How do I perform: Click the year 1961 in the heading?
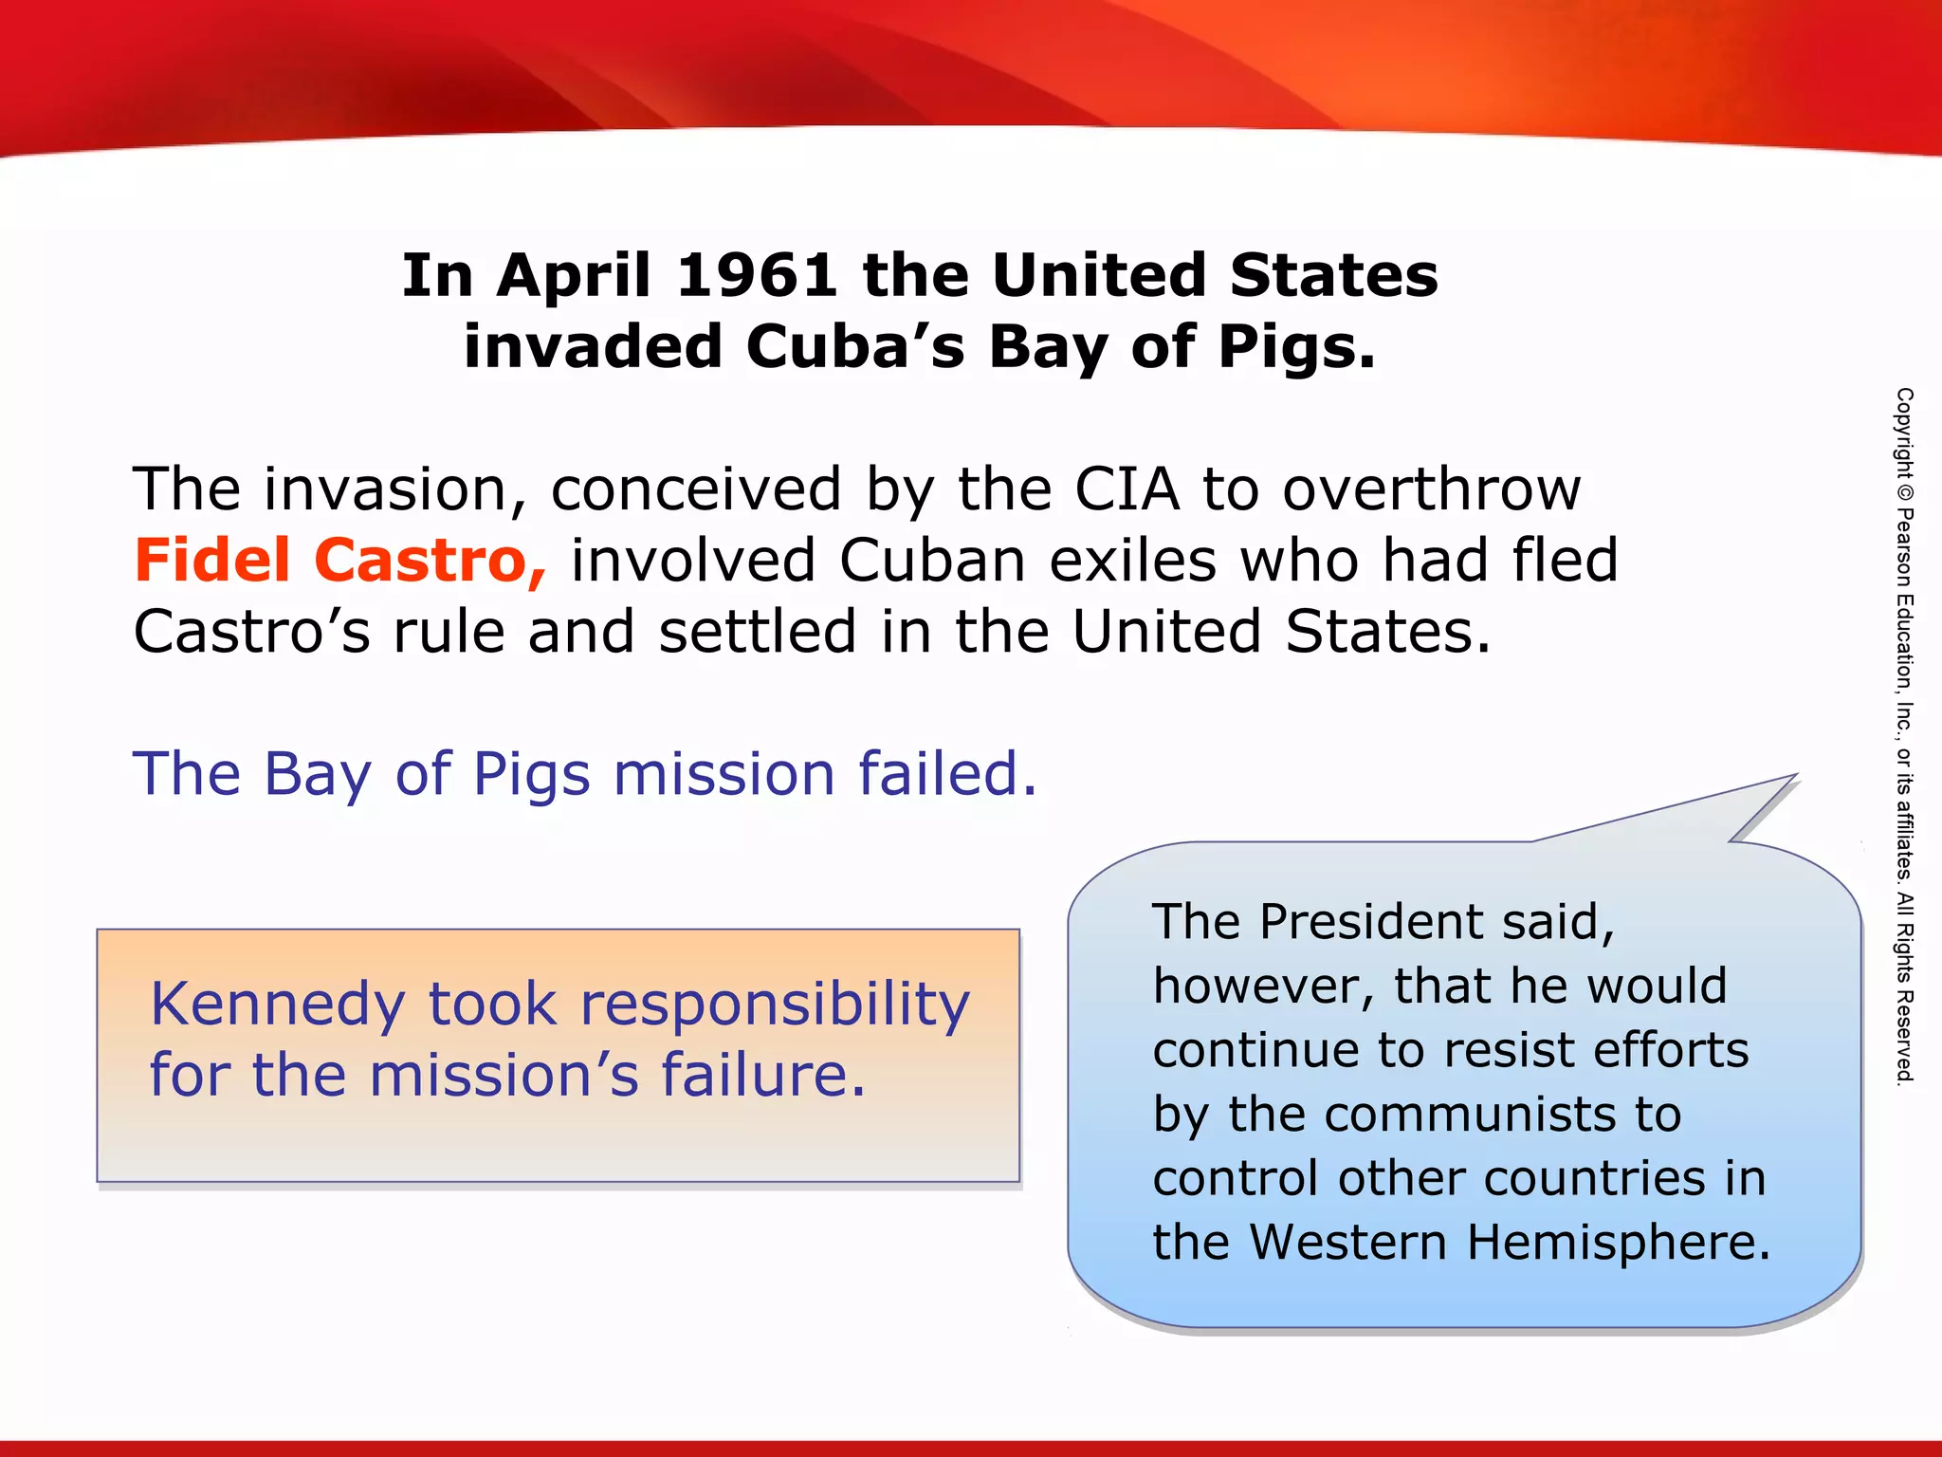coord(756,276)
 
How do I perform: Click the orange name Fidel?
coord(212,560)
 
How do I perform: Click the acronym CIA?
coord(1127,489)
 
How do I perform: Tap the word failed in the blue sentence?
coord(947,773)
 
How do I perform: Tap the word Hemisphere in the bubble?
coord(1619,1242)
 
